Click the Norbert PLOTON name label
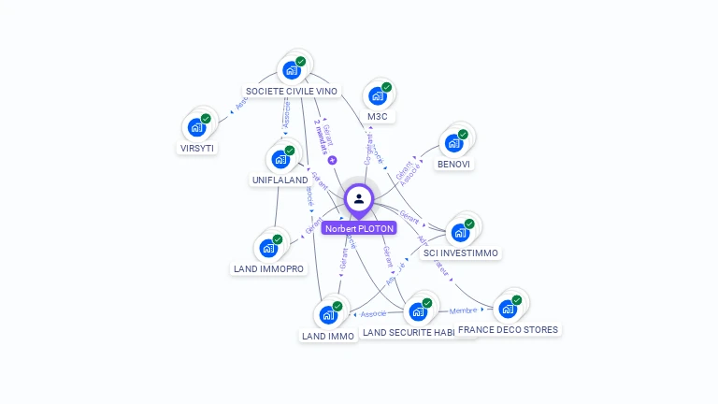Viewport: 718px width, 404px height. coord(359,228)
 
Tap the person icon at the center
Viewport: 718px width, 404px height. coord(359,198)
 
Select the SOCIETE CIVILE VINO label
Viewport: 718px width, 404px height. coord(291,92)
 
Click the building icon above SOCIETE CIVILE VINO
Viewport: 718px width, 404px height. coord(292,69)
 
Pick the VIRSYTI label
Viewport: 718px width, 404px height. coord(197,148)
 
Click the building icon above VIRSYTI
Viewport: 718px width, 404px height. coord(197,125)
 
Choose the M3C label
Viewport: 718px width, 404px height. coord(378,117)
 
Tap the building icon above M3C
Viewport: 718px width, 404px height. coord(378,95)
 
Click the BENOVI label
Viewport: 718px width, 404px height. coord(453,164)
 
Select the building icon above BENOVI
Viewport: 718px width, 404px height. coord(454,142)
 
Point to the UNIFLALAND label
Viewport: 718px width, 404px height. coord(280,180)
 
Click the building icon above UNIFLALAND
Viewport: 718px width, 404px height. coord(280,158)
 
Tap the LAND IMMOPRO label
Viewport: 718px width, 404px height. coord(268,269)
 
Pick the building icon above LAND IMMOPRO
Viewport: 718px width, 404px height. coord(269,247)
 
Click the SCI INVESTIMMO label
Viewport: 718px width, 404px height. coord(461,253)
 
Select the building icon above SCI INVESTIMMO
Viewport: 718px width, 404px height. coord(460,231)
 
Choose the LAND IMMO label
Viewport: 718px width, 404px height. coord(328,336)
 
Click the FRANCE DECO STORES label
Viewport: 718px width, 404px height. coord(508,329)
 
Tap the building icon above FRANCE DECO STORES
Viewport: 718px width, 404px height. coord(508,308)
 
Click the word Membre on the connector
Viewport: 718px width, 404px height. coord(464,310)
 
